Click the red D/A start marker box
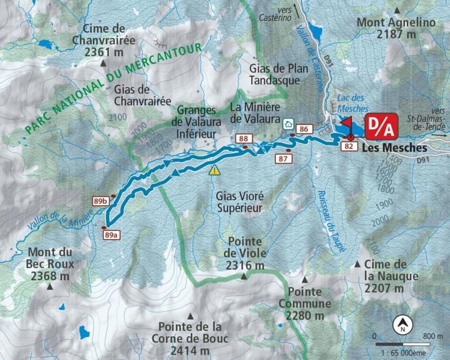pyautogui.click(x=380, y=127)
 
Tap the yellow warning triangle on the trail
pyautogui.click(x=214, y=170)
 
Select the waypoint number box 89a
pyautogui.click(x=109, y=236)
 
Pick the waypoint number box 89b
pyautogui.click(x=100, y=200)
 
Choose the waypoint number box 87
pyautogui.click(x=284, y=158)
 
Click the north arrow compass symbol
pyautogui.click(x=402, y=327)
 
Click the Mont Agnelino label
pyautogui.click(x=396, y=28)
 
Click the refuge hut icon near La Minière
pyautogui.click(x=288, y=124)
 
